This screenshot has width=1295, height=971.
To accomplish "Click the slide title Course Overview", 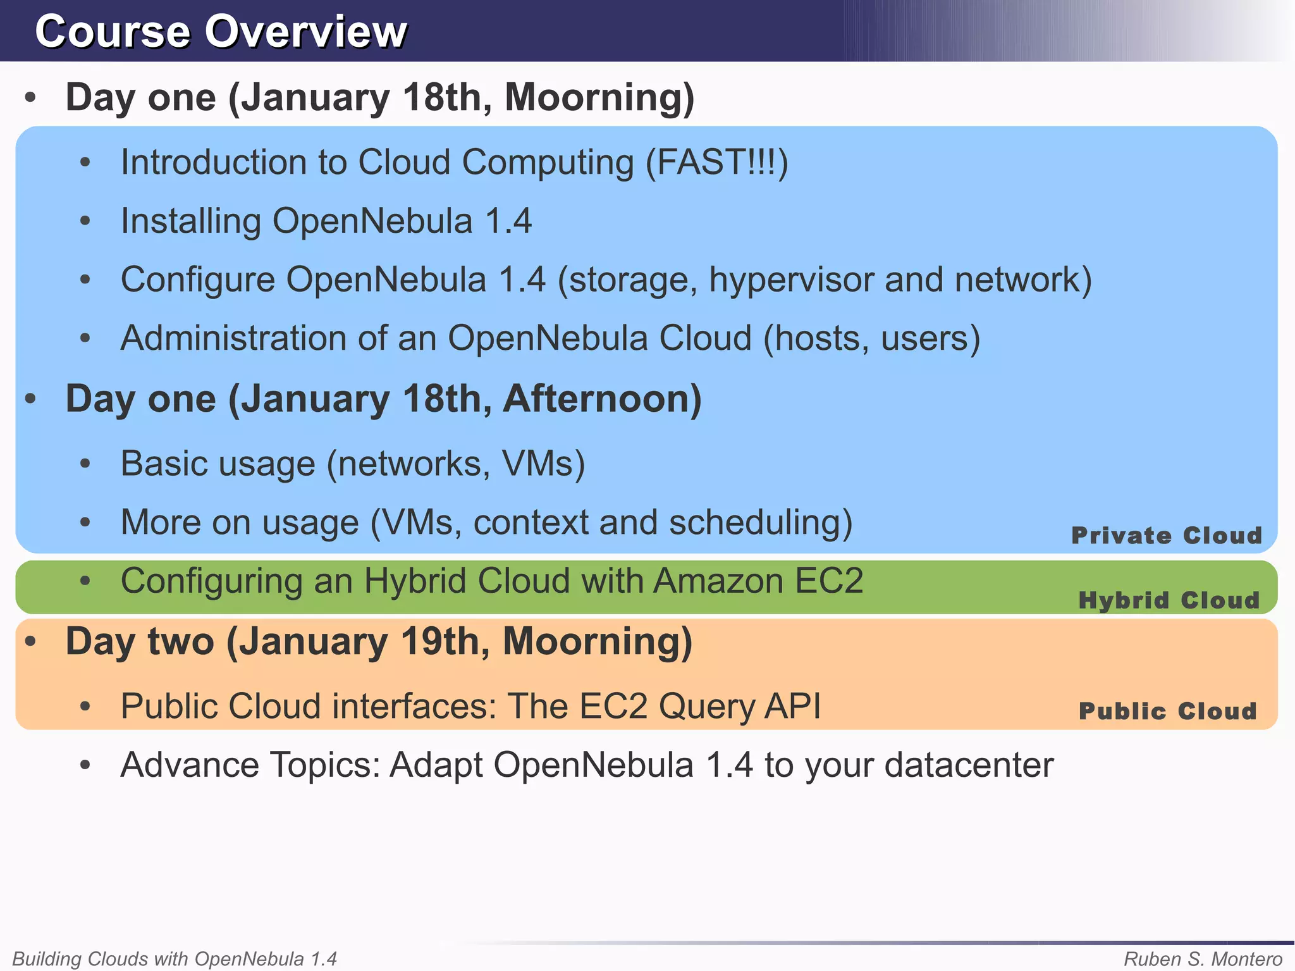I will click(x=221, y=32).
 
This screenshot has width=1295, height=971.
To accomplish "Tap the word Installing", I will click(x=190, y=222).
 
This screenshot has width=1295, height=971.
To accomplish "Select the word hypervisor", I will click(x=791, y=280).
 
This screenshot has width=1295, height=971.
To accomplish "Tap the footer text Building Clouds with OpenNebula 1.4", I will click(x=175, y=959).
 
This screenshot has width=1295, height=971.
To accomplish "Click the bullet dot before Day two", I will click(x=30, y=642).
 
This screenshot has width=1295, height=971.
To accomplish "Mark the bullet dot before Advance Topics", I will click(x=86, y=766).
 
